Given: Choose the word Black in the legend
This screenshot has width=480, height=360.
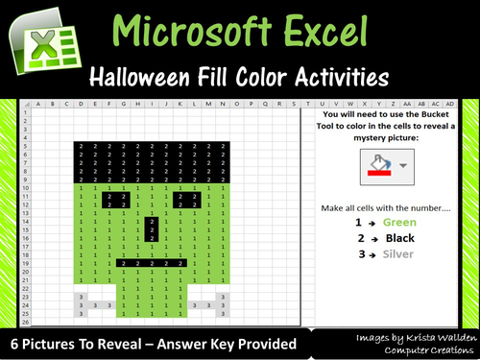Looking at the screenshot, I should pyautogui.click(x=399, y=238).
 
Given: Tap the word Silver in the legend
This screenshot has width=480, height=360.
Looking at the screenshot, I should pyautogui.click(x=399, y=254).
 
